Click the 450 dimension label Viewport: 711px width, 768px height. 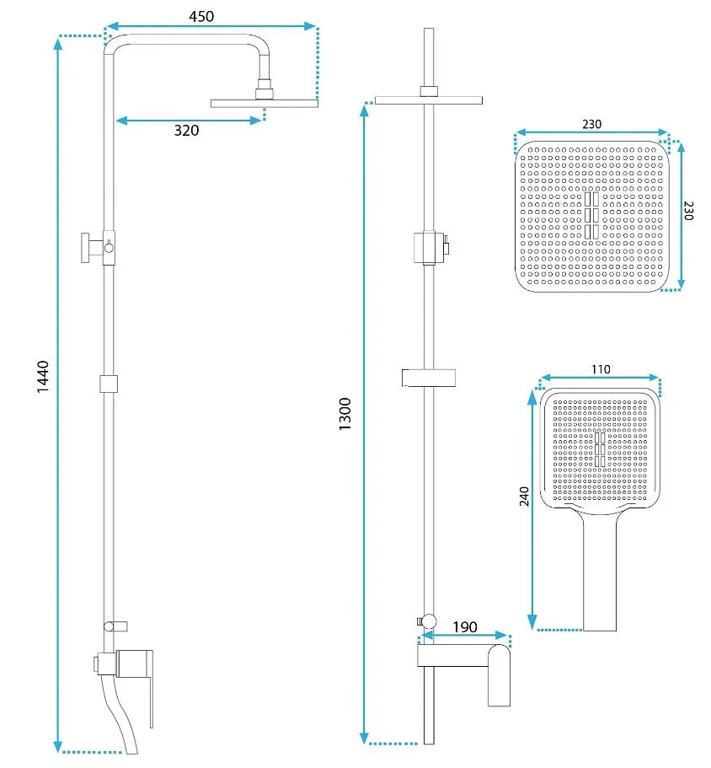click(201, 17)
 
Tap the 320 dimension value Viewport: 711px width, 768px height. click(186, 131)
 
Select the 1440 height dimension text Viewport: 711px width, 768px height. click(43, 376)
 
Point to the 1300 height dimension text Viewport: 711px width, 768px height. click(345, 414)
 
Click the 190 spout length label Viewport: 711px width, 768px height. click(465, 627)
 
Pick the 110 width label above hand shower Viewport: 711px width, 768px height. click(601, 369)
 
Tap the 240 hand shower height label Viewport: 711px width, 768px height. click(524, 497)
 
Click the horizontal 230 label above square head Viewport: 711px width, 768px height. click(591, 125)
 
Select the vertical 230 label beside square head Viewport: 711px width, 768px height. click(688, 211)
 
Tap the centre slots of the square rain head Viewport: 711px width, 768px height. click(591, 215)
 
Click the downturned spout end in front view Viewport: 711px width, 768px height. click(499, 676)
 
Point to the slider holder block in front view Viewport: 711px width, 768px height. click(429, 247)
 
